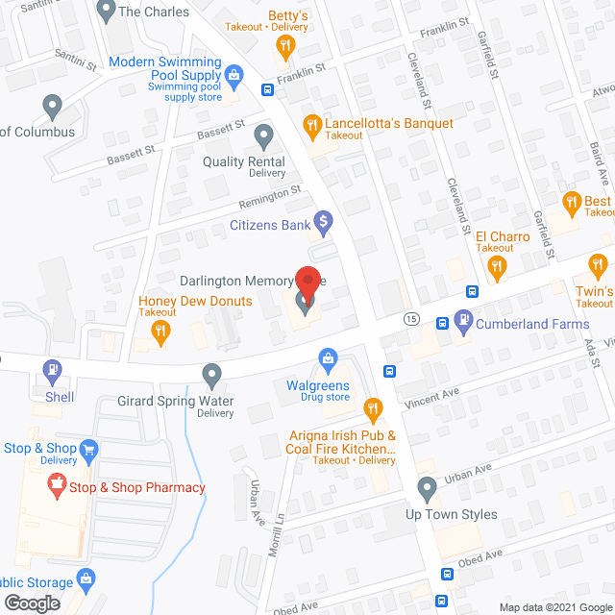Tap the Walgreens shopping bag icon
(329, 358)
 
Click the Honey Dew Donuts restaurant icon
(160, 332)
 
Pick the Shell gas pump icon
(53, 369)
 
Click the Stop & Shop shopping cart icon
(89, 448)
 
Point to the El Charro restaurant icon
(497, 270)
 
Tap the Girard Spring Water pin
(212, 373)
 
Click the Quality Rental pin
(265, 135)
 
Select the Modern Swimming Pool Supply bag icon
(234, 74)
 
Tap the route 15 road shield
(411, 318)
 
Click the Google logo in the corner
(31, 603)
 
